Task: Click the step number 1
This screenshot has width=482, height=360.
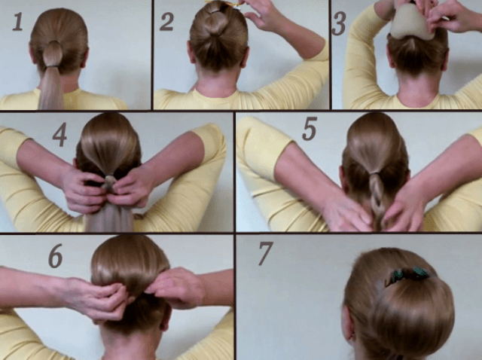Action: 18,22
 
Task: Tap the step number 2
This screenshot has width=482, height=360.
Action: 166,22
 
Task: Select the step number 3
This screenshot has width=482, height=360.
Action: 339,23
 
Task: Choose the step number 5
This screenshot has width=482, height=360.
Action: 310,129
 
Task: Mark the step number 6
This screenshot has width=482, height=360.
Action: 56,256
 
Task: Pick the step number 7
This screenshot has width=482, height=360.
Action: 266,253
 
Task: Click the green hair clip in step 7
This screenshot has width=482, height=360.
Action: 407,275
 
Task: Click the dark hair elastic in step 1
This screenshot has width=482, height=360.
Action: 53,66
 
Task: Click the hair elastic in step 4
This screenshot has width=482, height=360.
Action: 109,177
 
